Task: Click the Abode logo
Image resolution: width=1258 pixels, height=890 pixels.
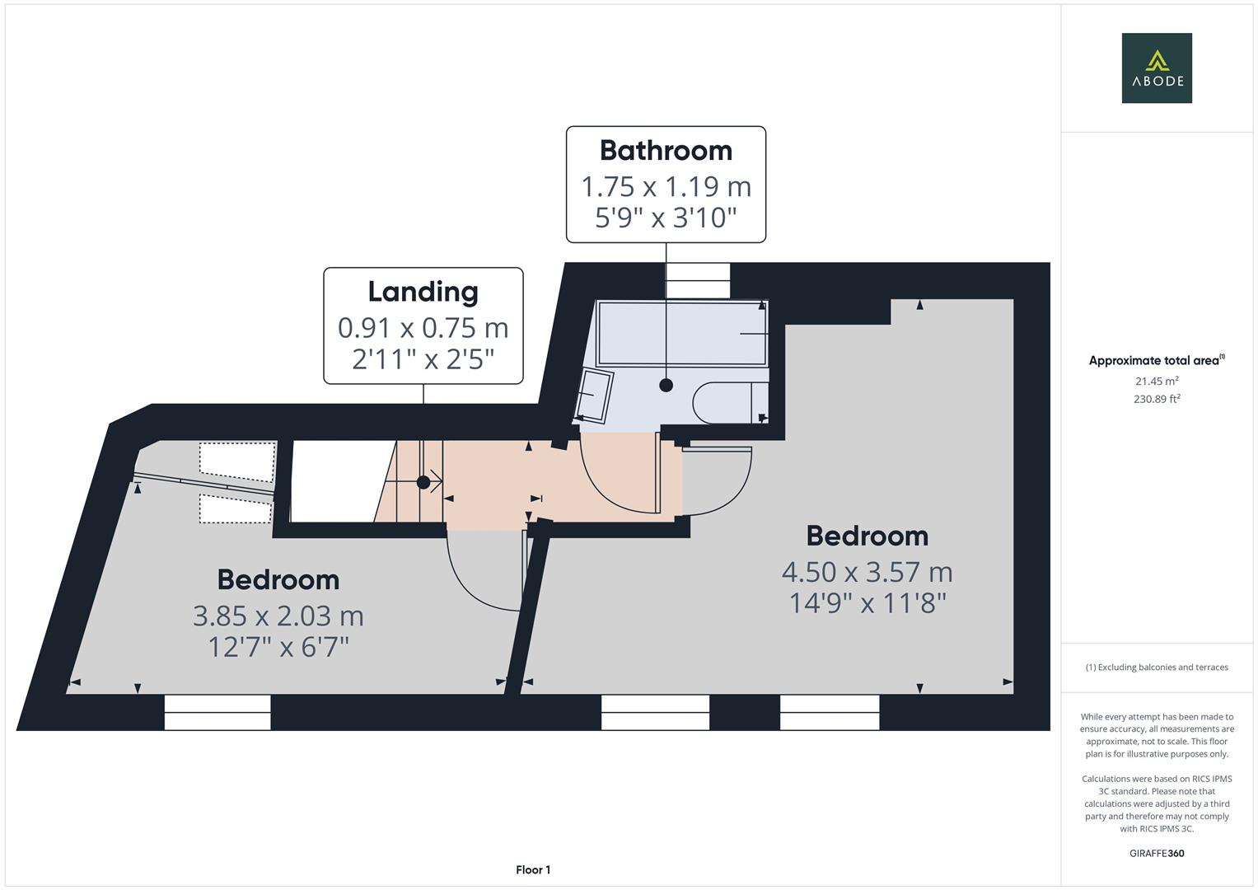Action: [x=1157, y=68]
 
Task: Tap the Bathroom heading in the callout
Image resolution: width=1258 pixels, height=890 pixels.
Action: [x=666, y=151]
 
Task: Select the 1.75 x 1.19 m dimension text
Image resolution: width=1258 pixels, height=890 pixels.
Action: [x=666, y=187]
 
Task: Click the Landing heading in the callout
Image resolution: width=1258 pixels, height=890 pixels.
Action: [x=423, y=292]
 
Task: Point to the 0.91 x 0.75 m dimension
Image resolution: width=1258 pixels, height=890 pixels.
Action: [x=423, y=328]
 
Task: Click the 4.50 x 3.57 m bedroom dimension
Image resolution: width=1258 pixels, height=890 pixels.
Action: [x=867, y=572]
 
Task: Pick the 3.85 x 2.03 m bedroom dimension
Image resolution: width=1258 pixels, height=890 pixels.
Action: [x=278, y=616]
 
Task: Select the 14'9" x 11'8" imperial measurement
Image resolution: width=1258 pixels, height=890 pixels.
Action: [x=867, y=603]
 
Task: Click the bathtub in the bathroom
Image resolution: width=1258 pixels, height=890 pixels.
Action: [x=682, y=334]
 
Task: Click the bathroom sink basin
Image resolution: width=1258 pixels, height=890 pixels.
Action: [x=596, y=396]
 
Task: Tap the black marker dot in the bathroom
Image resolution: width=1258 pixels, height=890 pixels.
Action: [x=666, y=385]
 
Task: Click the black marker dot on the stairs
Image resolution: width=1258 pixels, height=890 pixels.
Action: [x=423, y=482]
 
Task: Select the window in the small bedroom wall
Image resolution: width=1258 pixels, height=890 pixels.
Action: [x=217, y=712]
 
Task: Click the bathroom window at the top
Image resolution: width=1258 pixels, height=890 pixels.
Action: [x=698, y=280]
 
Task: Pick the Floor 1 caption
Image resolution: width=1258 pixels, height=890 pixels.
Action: [x=533, y=869]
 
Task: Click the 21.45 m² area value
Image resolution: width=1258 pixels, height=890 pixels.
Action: [x=1157, y=381]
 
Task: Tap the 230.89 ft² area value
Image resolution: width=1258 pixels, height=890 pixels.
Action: [x=1157, y=399]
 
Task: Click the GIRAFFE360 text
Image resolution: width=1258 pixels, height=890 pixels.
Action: [x=1157, y=853]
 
